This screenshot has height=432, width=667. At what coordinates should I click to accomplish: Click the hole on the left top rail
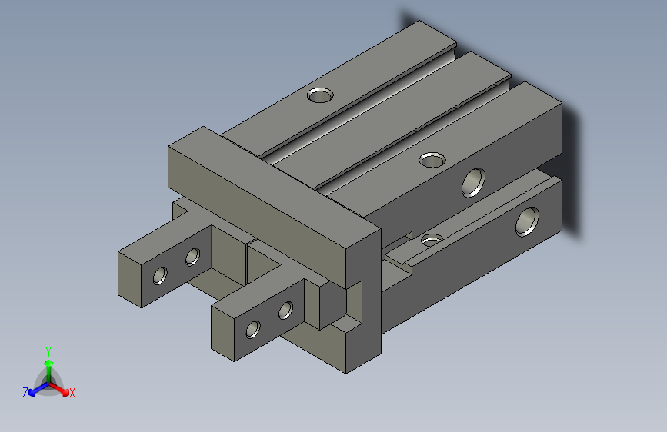320,95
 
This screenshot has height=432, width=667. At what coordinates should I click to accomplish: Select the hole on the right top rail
433,160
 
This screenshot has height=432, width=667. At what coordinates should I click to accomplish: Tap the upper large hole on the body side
474,181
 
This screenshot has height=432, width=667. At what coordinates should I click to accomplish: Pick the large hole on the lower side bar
528,221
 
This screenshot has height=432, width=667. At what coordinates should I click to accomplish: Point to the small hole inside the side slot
432,239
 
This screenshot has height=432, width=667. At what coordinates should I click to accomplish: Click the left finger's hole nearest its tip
161,274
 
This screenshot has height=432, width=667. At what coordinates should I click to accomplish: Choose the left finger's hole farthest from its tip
192,256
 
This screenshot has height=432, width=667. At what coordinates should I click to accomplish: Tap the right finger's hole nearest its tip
252,330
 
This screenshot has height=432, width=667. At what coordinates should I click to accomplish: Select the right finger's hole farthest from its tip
285,311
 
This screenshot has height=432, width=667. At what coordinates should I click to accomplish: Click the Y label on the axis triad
48,350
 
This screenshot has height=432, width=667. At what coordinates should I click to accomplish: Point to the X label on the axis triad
72,393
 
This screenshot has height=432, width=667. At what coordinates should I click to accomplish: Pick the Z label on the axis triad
25,392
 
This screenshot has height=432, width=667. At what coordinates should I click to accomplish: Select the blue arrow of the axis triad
35,390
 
